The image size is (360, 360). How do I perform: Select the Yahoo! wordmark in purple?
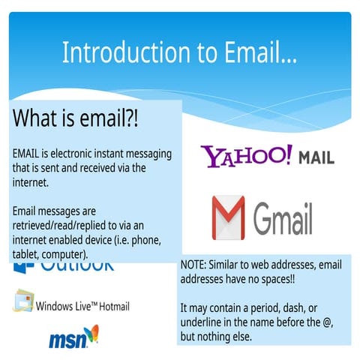point(246,157)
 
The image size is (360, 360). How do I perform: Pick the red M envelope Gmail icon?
point(228,217)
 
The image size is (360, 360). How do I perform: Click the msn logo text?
point(66,340)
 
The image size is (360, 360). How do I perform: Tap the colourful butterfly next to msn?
point(91,334)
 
